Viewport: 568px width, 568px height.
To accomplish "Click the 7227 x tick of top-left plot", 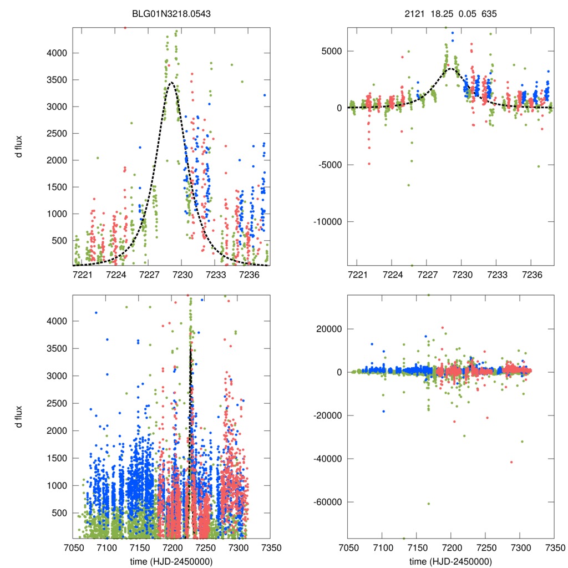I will (x=149, y=275).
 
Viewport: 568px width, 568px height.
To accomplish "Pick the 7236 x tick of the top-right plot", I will (x=532, y=275).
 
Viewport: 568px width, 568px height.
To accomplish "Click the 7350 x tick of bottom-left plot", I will (x=270, y=546).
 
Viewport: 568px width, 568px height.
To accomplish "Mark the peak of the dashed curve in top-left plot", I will (x=171, y=83).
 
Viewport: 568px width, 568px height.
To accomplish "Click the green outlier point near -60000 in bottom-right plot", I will (x=429, y=504).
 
